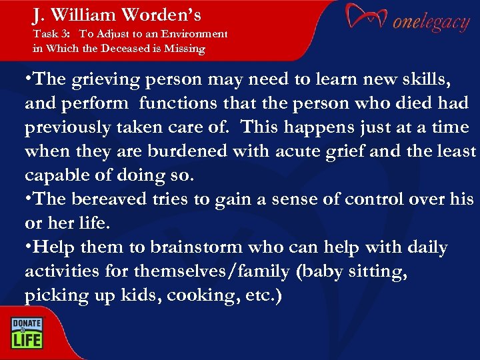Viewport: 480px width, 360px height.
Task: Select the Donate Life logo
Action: [x=25, y=332]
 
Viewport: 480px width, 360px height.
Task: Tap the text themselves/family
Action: [x=199, y=271]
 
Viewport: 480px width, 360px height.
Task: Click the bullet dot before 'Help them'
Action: [x=27, y=247]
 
